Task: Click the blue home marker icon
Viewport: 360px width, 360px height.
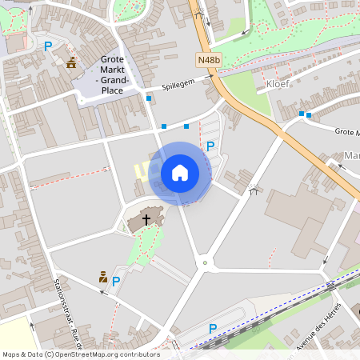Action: [180, 172]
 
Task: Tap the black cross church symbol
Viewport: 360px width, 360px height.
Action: [146, 218]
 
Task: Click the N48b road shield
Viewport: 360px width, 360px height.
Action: [208, 58]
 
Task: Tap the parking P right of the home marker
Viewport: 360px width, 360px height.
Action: [210, 146]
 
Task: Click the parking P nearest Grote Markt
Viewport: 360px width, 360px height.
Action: [47, 46]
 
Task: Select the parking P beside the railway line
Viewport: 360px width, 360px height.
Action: [212, 328]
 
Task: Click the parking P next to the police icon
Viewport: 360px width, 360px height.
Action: [116, 281]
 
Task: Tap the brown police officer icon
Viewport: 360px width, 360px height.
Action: [103, 278]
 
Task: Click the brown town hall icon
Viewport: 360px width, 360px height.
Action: [72, 63]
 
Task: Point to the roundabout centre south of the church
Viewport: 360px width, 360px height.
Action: [205, 261]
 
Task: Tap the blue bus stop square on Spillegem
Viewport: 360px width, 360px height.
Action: [149, 98]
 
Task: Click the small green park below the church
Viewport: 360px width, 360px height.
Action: [146, 244]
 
